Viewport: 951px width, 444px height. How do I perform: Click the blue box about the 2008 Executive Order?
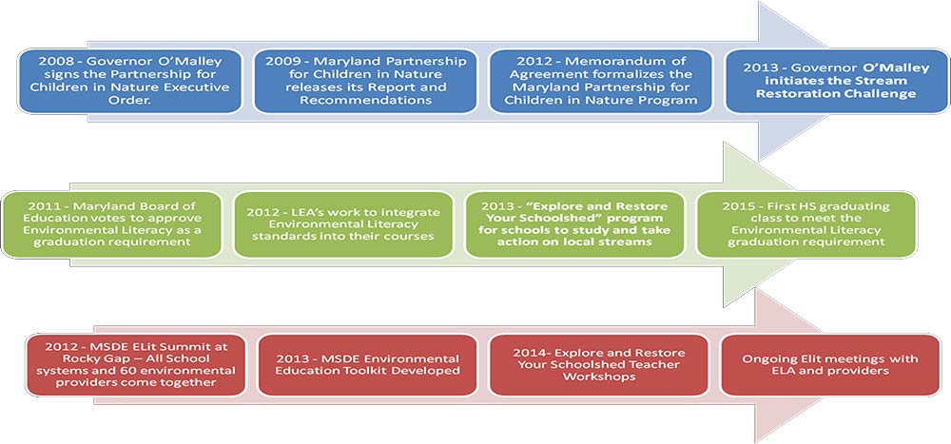pos(130,81)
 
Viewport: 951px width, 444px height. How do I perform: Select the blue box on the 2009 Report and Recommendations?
pos(366,81)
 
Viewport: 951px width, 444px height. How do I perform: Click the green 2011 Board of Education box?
pos(113,224)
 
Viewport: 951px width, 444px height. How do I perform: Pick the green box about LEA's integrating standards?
pos(343,224)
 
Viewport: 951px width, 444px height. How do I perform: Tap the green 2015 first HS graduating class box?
pos(806,224)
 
